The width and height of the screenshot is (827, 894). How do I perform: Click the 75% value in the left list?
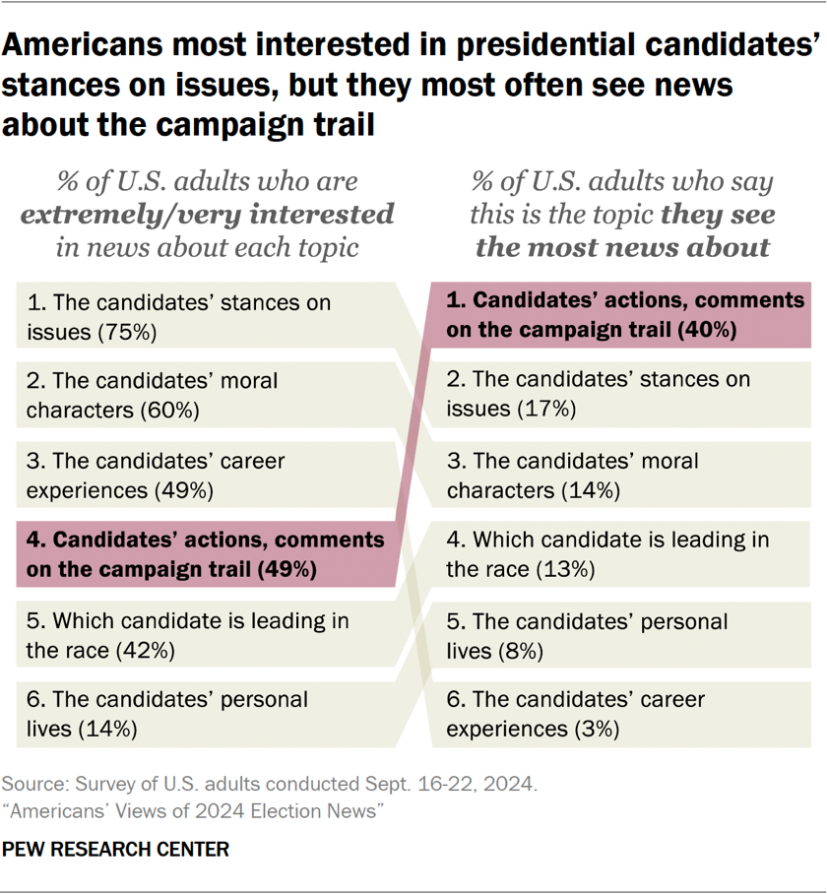pyautogui.click(x=128, y=332)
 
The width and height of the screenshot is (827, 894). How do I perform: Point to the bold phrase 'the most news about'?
pyautogui.click(x=621, y=246)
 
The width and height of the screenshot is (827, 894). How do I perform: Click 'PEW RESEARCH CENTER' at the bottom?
pyautogui.click(x=115, y=849)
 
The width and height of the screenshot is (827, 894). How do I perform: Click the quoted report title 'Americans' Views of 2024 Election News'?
pyautogui.click(x=192, y=810)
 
